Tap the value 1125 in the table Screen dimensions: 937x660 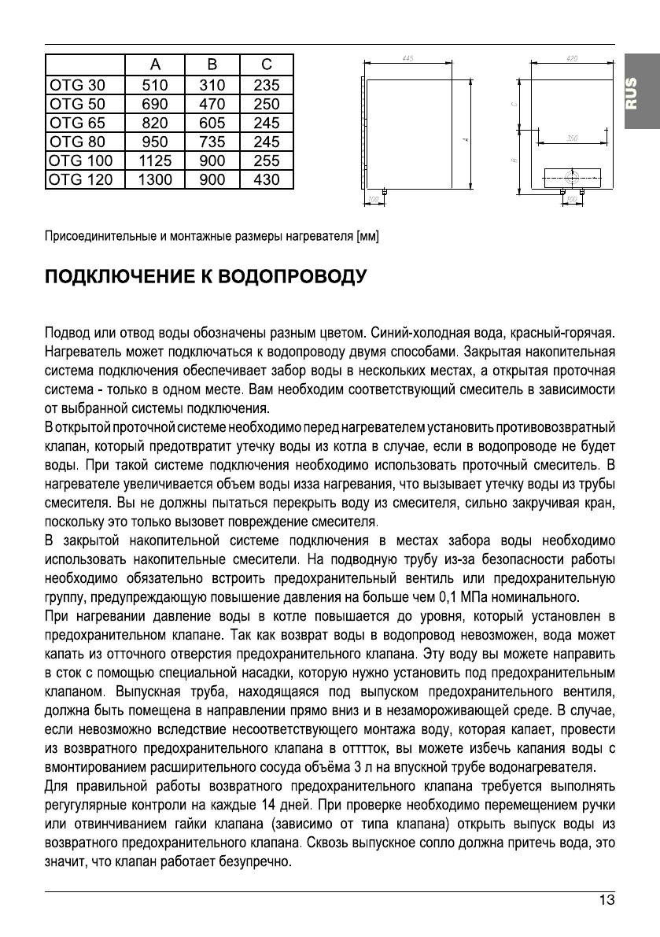[154, 160]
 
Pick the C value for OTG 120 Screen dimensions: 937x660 [267, 179]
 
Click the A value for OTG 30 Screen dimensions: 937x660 [154, 85]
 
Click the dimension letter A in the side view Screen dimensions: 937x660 [465, 140]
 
